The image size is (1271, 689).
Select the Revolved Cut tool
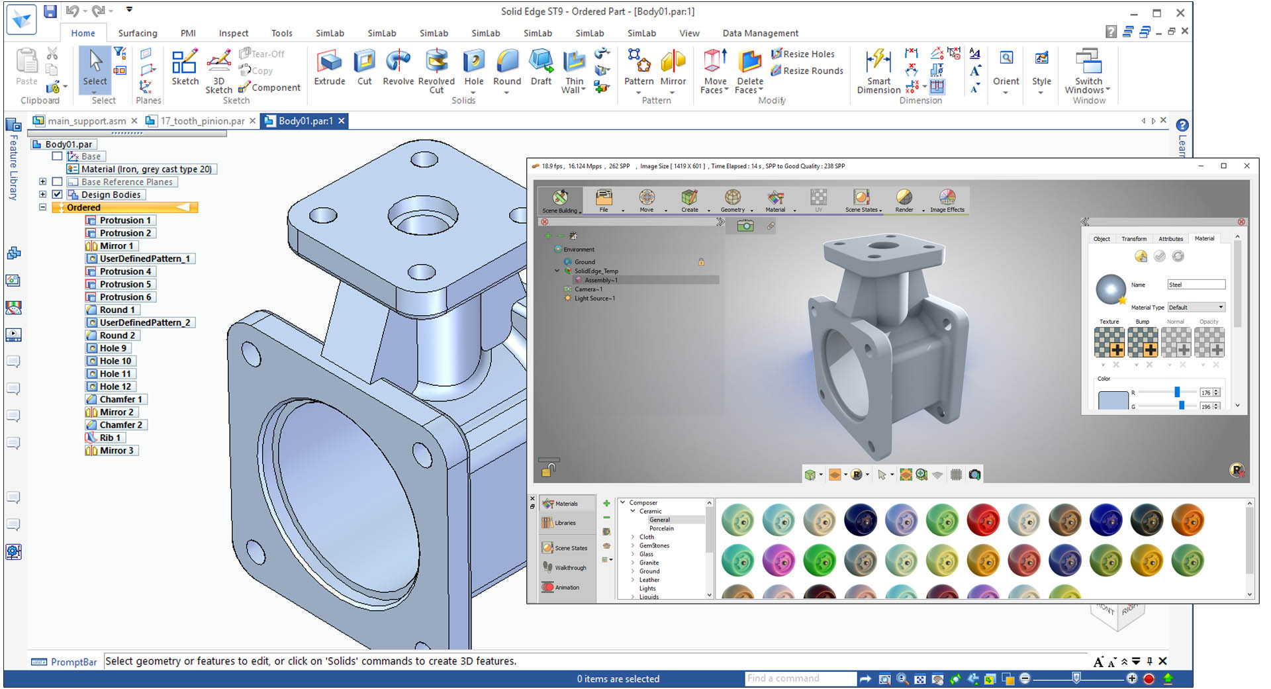point(436,69)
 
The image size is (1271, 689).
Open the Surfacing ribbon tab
point(138,33)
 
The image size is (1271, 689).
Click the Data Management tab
point(760,33)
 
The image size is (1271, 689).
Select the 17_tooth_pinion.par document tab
point(202,121)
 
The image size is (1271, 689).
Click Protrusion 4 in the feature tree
point(125,271)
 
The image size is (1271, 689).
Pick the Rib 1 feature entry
point(110,437)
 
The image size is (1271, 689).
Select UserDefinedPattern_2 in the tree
point(144,322)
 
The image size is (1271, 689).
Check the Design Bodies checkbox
point(58,195)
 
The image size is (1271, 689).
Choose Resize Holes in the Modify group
point(808,54)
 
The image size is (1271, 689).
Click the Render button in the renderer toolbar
point(904,201)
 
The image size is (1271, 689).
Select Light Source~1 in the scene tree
point(594,299)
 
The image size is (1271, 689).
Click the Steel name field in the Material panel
point(1196,285)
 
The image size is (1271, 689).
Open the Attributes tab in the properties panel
point(1170,239)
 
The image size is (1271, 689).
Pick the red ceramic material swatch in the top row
point(983,520)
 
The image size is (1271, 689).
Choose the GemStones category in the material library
point(653,545)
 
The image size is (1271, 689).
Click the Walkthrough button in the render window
point(570,568)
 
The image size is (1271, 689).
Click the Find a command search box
point(800,678)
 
